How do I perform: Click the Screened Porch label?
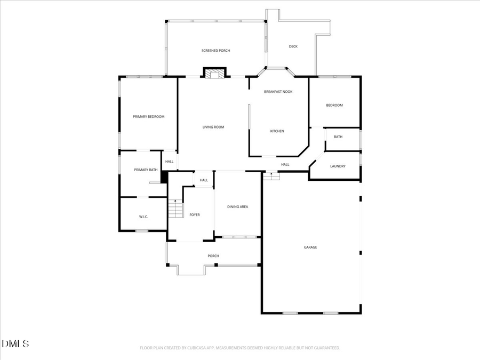point(215,51)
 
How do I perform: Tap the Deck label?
point(293,46)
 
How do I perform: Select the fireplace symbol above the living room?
point(215,73)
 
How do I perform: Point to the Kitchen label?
point(277,131)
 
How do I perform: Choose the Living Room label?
point(213,127)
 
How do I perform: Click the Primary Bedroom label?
point(148,117)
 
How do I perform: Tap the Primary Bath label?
point(146,170)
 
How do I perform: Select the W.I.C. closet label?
point(143,217)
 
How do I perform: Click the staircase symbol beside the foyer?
point(175,209)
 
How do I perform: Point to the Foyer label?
point(195,215)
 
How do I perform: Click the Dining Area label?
point(237,207)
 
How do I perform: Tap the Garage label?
point(310,247)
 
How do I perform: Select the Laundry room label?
point(338,166)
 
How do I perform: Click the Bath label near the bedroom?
point(338,137)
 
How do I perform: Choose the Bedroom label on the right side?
point(334,105)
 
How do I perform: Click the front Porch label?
point(213,256)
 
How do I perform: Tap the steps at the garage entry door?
point(271,175)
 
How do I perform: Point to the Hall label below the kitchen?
point(285,165)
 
